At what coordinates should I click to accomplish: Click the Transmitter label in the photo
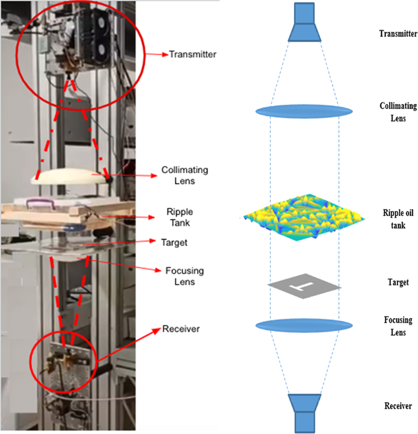tap(193, 54)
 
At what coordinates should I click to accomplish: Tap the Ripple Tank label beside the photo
tap(180, 217)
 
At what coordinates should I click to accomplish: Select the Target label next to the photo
tap(174, 243)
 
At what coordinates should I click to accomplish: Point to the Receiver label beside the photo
tap(181, 329)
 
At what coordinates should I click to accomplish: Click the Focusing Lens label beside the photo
tap(185, 276)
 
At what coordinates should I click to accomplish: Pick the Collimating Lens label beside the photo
tap(185, 175)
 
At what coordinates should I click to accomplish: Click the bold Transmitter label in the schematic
tap(398, 34)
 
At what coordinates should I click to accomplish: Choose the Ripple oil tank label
tap(398, 219)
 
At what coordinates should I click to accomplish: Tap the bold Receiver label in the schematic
tap(398, 406)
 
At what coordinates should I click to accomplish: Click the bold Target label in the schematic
tap(398, 282)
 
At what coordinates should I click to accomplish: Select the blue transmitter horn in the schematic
tap(304, 22)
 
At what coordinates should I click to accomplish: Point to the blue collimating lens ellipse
tap(304, 111)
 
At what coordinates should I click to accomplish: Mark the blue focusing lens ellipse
tap(304, 326)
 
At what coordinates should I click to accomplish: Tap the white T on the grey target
tap(302, 286)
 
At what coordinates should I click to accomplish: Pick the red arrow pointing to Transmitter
tap(157, 54)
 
